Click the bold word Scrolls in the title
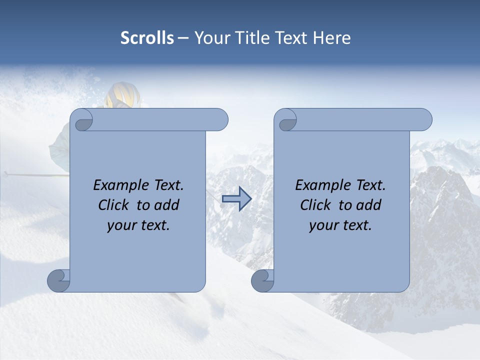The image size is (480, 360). click(x=147, y=38)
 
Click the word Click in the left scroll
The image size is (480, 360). click(x=114, y=205)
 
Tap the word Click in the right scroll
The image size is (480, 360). click(x=316, y=205)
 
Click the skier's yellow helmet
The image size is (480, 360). click(x=121, y=95)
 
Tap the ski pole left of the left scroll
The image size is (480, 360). click(x=35, y=175)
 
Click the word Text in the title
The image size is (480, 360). click(x=293, y=38)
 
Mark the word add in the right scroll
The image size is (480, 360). click(x=369, y=205)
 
